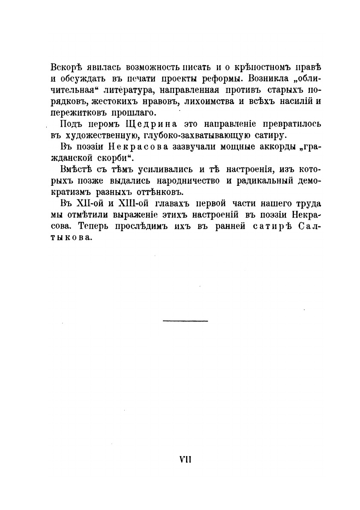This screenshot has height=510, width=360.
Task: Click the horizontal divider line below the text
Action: [x=186, y=321]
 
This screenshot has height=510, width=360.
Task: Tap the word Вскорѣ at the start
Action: [x=63, y=68]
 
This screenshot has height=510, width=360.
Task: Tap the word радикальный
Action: [x=263, y=180]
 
